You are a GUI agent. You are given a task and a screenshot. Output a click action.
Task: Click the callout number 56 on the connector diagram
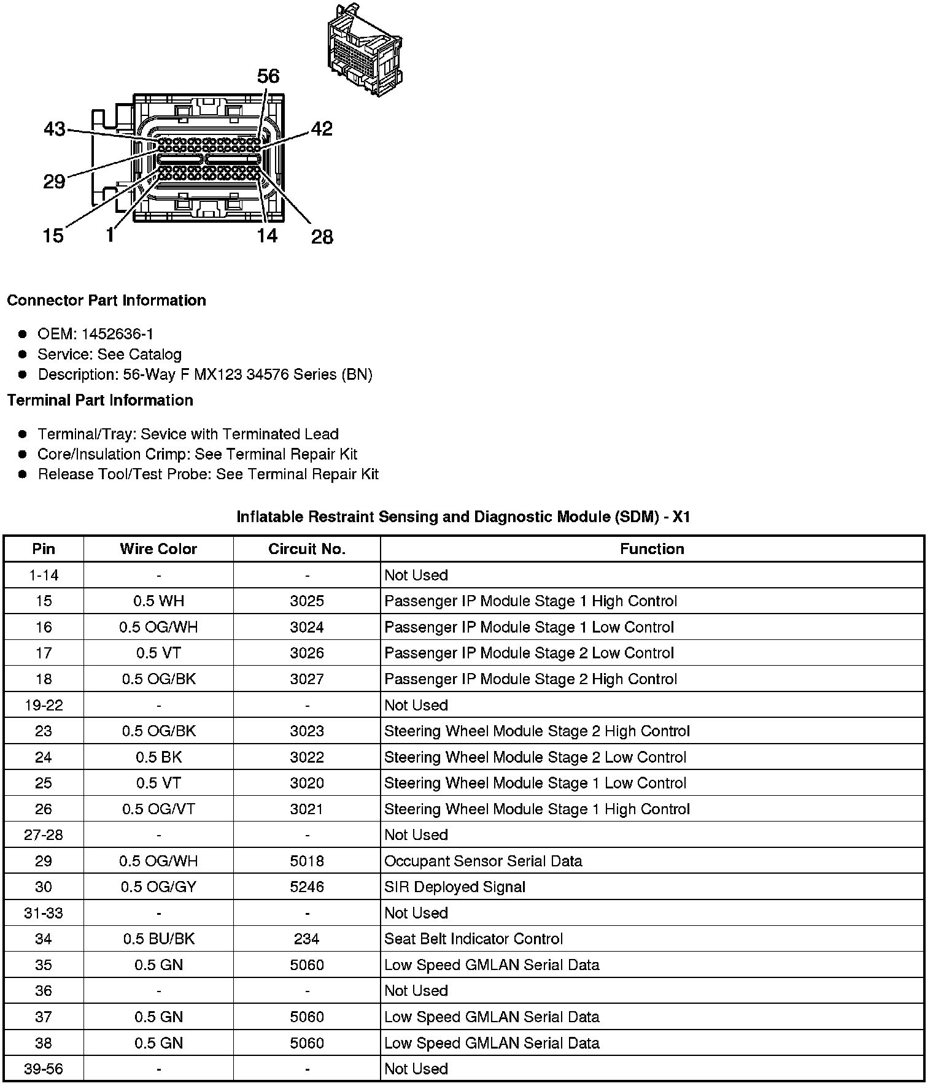coord(268,76)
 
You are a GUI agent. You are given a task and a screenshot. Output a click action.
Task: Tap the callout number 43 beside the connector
coord(55,129)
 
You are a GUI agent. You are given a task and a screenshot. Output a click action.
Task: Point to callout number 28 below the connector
coord(322,236)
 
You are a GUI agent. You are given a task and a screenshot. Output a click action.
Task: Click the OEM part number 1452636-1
coord(117,334)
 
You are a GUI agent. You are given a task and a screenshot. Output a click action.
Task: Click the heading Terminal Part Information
coord(100,400)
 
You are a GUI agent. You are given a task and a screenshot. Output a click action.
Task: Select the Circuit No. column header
coord(307,549)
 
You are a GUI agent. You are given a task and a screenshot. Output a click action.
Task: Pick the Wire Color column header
coord(158,549)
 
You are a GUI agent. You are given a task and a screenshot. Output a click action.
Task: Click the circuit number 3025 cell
coord(307,601)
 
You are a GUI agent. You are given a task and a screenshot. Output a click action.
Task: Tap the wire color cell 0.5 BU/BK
coord(158,939)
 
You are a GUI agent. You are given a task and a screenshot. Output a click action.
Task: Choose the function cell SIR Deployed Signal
coord(455,887)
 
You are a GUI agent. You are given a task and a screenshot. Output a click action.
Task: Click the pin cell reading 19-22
coord(44,705)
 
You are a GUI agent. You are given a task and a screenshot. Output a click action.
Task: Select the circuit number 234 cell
coord(307,939)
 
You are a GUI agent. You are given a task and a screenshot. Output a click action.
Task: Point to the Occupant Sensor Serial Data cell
coord(483,861)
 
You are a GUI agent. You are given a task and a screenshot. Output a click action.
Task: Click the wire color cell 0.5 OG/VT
coord(158,809)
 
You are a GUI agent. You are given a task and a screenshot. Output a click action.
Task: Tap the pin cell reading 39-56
coord(44,1069)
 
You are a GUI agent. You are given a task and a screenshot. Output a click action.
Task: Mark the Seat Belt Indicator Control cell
coord(473,939)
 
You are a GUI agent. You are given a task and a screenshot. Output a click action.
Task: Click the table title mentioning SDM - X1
coord(463,517)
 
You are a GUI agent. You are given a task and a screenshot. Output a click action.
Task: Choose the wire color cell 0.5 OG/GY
coord(158,887)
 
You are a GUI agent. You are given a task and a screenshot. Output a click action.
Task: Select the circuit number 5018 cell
coord(307,861)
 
